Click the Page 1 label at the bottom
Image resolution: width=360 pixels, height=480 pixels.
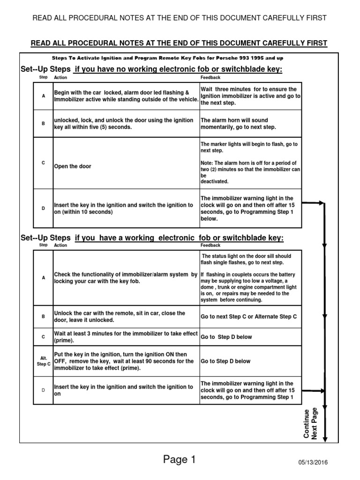[180, 460]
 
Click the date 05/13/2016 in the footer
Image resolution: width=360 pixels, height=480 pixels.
[313, 462]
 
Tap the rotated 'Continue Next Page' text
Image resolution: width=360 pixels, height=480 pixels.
[310, 424]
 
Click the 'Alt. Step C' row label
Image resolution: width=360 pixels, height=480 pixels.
[43, 361]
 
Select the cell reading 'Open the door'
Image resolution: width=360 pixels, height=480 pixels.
[73, 166]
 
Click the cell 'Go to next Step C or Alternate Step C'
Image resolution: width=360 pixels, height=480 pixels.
[248, 317]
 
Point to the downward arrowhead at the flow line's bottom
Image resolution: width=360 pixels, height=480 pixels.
[325, 439]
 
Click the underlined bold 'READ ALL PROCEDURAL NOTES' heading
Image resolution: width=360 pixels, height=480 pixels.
[179, 44]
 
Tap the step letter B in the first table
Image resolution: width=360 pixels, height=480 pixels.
[43, 124]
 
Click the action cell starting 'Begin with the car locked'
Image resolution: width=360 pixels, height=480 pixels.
[126, 96]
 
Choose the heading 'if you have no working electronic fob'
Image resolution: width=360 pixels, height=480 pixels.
[179, 69]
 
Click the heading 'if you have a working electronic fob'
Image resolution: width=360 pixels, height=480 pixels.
[179, 238]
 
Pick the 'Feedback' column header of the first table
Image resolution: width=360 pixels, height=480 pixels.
[210, 77]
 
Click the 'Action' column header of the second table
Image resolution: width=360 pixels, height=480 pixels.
[60, 245]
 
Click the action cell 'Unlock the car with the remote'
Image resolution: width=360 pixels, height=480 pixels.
[126, 316]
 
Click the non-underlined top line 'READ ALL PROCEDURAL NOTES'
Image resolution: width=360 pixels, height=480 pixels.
[179, 18]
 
